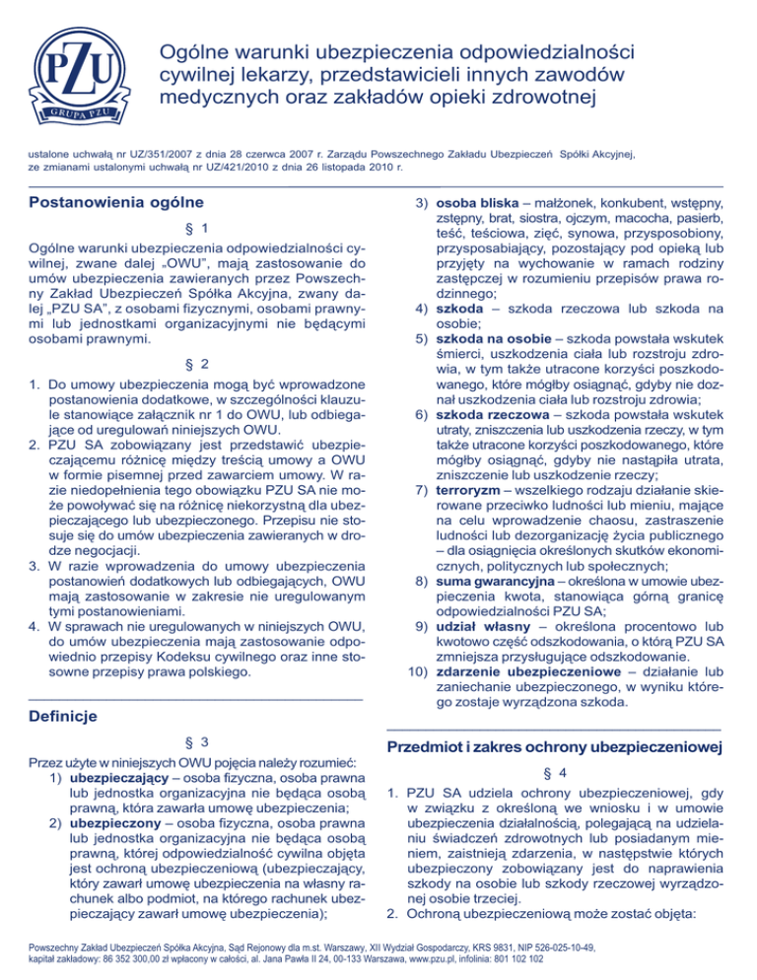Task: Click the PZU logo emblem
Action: click(x=82, y=78)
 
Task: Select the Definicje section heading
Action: click(x=62, y=713)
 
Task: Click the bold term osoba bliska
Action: click(x=481, y=204)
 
